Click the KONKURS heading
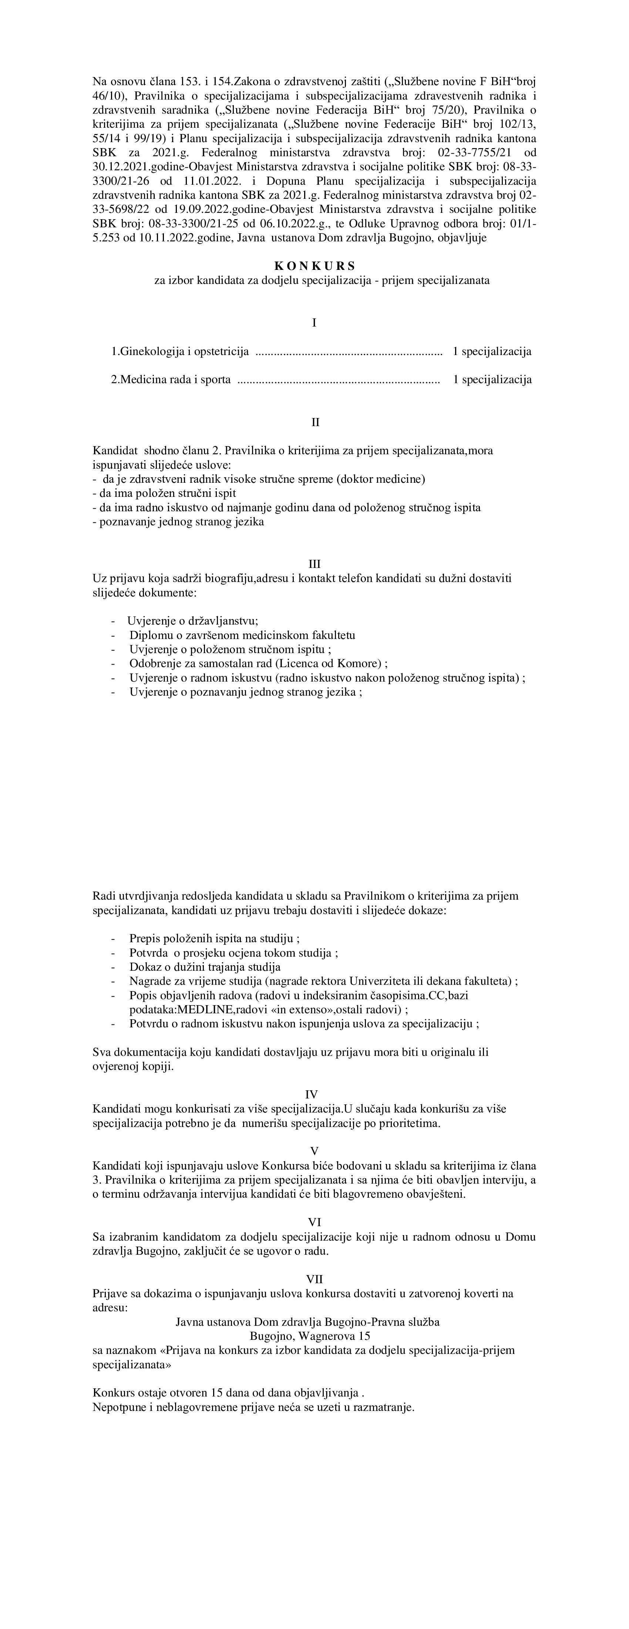point(314,266)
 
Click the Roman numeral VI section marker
point(314,1222)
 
